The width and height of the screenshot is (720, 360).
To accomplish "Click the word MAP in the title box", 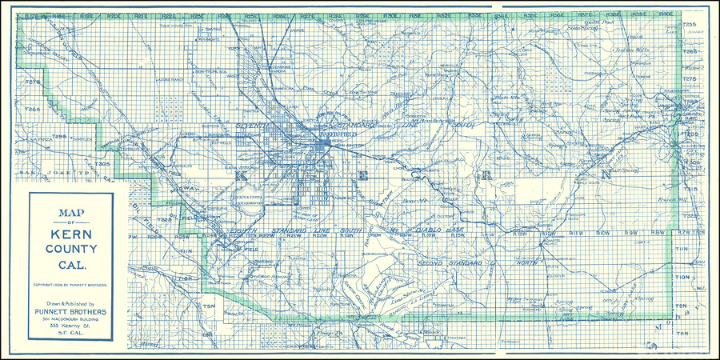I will pos(70,213).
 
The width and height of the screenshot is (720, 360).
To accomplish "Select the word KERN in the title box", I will pos(70,234).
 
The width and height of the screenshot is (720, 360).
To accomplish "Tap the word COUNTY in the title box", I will pos(70,249).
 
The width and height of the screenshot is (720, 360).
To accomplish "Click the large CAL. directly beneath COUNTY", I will pos(70,263).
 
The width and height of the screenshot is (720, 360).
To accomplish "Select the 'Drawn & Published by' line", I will pos(70,304).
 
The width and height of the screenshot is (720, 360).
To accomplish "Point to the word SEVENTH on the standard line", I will pos(256,126).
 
